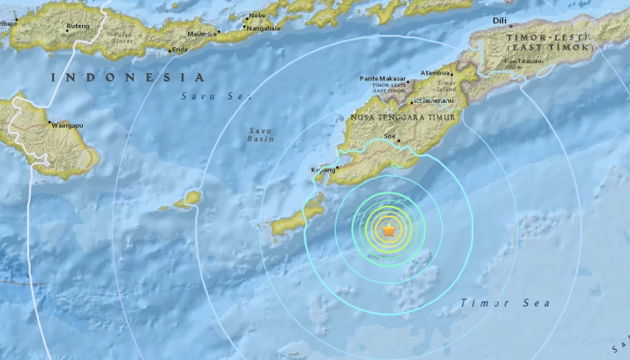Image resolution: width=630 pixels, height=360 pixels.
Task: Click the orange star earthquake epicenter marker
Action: pos(388,230)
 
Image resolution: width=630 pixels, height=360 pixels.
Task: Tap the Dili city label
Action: pos(499,20)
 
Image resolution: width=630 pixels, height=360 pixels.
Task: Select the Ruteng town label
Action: pos(79,25)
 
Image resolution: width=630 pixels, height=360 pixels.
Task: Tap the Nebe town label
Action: pos(257,15)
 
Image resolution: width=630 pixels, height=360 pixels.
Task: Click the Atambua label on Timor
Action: pos(435,73)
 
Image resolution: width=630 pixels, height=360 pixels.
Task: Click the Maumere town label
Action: pos(201,34)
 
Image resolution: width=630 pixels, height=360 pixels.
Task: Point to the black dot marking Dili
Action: pos(499,28)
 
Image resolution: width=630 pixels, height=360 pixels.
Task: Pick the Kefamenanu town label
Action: pos(431,100)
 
